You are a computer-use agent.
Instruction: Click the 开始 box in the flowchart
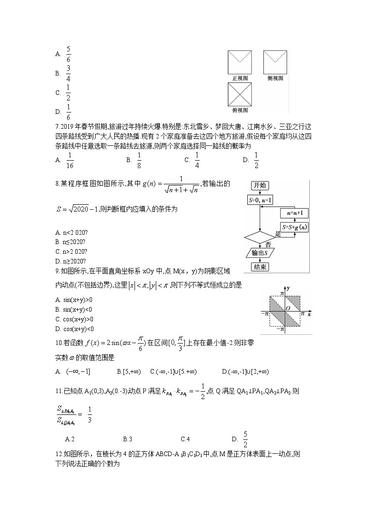(x=259, y=186)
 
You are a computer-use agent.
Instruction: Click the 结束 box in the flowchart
(x=259, y=267)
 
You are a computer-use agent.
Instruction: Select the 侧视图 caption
(x=275, y=78)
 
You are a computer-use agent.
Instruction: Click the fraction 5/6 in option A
(x=68, y=54)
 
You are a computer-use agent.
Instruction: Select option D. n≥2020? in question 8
(x=70, y=261)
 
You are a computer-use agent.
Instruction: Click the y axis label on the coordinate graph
(x=288, y=289)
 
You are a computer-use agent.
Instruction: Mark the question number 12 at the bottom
(x=58, y=454)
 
